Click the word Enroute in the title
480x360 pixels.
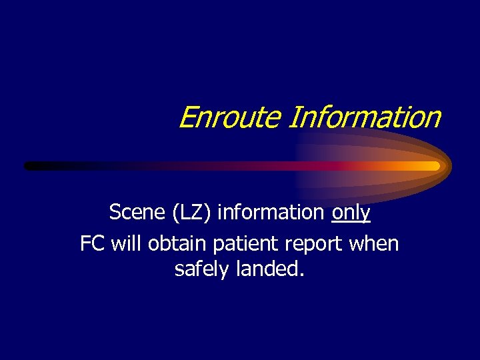pyautogui.click(x=231, y=117)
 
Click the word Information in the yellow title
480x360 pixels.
pyautogui.click(x=365, y=117)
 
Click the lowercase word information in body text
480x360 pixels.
pyautogui.click(x=271, y=213)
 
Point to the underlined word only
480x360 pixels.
pyautogui.click(x=351, y=213)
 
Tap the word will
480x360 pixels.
pyautogui.click(x=127, y=244)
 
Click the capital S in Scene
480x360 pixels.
pyautogui.click(x=115, y=213)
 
